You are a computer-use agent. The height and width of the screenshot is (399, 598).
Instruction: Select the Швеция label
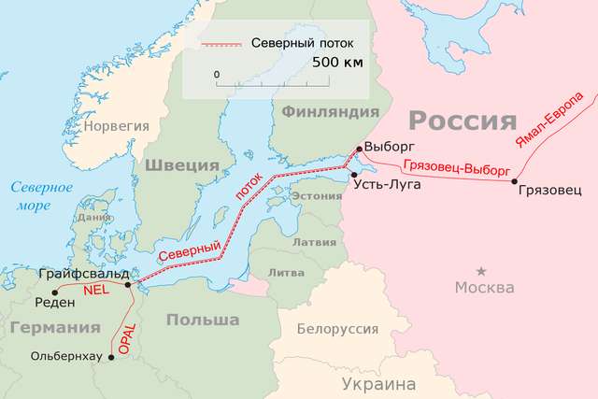[x=181, y=164]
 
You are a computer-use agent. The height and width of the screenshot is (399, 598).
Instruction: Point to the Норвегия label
[x=116, y=124]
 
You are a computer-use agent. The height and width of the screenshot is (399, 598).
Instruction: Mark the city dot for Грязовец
[x=515, y=180]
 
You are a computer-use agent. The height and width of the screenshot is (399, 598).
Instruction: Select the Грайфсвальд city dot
[x=128, y=283]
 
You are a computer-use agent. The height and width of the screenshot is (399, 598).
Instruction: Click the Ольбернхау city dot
[x=112, y=356]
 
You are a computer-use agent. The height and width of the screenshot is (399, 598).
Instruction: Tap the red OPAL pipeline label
[x=128, y=337]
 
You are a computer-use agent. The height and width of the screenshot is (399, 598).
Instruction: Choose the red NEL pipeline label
[x=97, y=291]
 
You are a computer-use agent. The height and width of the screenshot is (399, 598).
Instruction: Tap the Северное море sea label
[x=36, y=194]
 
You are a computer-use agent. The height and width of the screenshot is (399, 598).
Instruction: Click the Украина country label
[x=377, y=383]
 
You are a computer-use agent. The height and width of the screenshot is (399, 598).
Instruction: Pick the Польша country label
[x=202, y=321]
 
